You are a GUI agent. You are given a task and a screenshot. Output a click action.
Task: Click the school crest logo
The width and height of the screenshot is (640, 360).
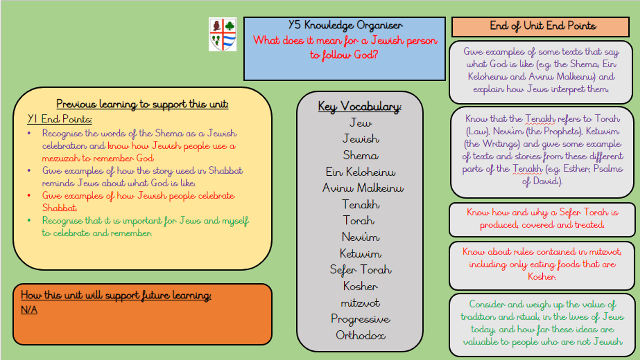pyautogui.click(x=223, y=34)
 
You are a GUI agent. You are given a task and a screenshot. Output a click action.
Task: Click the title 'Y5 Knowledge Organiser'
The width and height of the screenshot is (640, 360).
pyautogui.click(x=345, y=25)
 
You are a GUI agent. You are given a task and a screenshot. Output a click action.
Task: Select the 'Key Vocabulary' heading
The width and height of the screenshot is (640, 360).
pyautogui.click(x=359, y=107)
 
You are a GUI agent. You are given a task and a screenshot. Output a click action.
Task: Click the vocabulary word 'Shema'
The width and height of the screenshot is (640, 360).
pyautogui.click(x=360, y=155)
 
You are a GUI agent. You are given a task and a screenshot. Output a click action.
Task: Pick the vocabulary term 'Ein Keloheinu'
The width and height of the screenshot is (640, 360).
pyautogui.click(x=360, y=172)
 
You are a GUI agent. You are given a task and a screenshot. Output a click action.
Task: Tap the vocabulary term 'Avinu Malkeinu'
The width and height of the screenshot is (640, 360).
pyautogui.click(x=363, y=188)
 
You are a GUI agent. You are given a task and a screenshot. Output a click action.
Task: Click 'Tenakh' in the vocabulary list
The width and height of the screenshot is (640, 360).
pyautogui.click(x=360, y=204)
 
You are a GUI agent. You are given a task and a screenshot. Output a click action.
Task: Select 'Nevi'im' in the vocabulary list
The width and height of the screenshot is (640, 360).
pyautogui.click(x=360, y=237)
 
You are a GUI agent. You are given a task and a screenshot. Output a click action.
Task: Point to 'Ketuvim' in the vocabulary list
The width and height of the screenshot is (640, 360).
pyautogui.click(x=360, y=254)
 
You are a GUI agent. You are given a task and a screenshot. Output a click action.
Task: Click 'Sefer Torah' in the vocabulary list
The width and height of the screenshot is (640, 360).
pyautogui.click(x=360, y=270)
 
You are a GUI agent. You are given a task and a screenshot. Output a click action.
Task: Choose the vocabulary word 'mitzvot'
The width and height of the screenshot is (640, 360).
pyautogui.click(x=360, y=303)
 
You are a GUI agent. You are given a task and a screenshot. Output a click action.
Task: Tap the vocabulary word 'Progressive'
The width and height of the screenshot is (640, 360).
pyautogui.click(x=360, y=319)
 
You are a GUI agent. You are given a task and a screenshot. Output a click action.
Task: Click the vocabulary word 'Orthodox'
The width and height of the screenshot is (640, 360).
pyautogui.click(x=360, y=335)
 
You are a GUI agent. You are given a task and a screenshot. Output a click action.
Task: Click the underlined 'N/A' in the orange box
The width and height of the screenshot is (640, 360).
pyautogui.click(x=29, y=310)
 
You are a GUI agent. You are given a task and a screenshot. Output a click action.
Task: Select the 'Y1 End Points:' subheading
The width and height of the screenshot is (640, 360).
pyautogui.click(x=60, y=119)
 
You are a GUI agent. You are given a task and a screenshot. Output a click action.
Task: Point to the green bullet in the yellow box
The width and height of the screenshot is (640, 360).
pyautogui.click(x=29, y=220)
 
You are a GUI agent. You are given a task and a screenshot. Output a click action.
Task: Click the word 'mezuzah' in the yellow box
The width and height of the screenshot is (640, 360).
pyautogui.click(x=60, y=158)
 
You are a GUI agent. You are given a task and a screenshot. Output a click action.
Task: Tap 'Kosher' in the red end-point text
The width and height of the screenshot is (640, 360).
pyautogui.click(x=542, y=277)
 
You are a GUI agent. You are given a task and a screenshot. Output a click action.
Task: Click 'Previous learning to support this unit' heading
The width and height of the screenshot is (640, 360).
pyautogui.click(x=142, y=104)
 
